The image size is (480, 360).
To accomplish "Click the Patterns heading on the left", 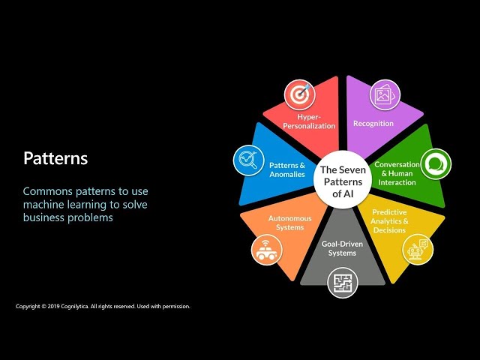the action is click(55, 158).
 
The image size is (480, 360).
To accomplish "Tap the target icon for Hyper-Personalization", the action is click(300, 94).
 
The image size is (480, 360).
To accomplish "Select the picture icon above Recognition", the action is click(385, 95).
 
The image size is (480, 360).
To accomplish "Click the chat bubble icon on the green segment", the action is click(436, 164).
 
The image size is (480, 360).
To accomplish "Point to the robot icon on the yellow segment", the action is click(418, 249).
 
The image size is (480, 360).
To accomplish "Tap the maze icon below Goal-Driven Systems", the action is click(343, 283).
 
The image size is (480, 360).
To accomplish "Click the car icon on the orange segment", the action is click(267, 250).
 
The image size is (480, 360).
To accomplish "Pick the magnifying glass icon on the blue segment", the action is click(248, 160).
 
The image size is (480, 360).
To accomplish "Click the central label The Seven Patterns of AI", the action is click(343, 181).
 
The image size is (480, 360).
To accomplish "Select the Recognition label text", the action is click(373, 123).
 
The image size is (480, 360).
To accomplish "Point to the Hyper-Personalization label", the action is click(309, 121).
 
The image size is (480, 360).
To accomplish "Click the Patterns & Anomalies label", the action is click(287, 169).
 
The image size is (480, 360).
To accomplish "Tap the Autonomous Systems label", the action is click(290, 223).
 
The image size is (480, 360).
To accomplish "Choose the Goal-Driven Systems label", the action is click(342, 248).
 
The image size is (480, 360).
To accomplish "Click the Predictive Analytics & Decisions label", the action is click(389, 221).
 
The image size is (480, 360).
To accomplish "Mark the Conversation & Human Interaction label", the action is click(397, 173).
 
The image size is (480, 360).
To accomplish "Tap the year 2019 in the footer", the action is click(53, 306).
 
